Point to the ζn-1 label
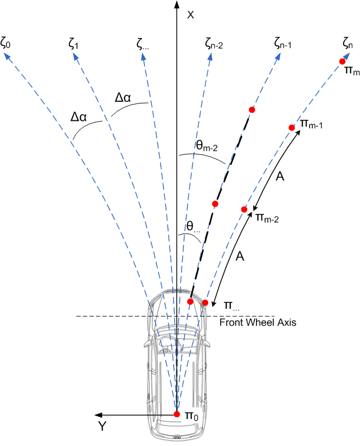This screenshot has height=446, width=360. pos(282,43)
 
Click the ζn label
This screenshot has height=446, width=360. pos(348,43)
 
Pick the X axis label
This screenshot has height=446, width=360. pos(190,15)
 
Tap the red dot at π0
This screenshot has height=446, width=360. pos(177,414)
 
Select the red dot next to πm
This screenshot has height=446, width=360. pos(342,62)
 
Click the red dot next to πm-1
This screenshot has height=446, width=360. pos(292,127)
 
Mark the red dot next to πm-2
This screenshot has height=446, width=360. pos(244,210)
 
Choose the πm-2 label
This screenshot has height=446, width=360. pos(267,218)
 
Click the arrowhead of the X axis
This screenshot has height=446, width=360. pos(177,4)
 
